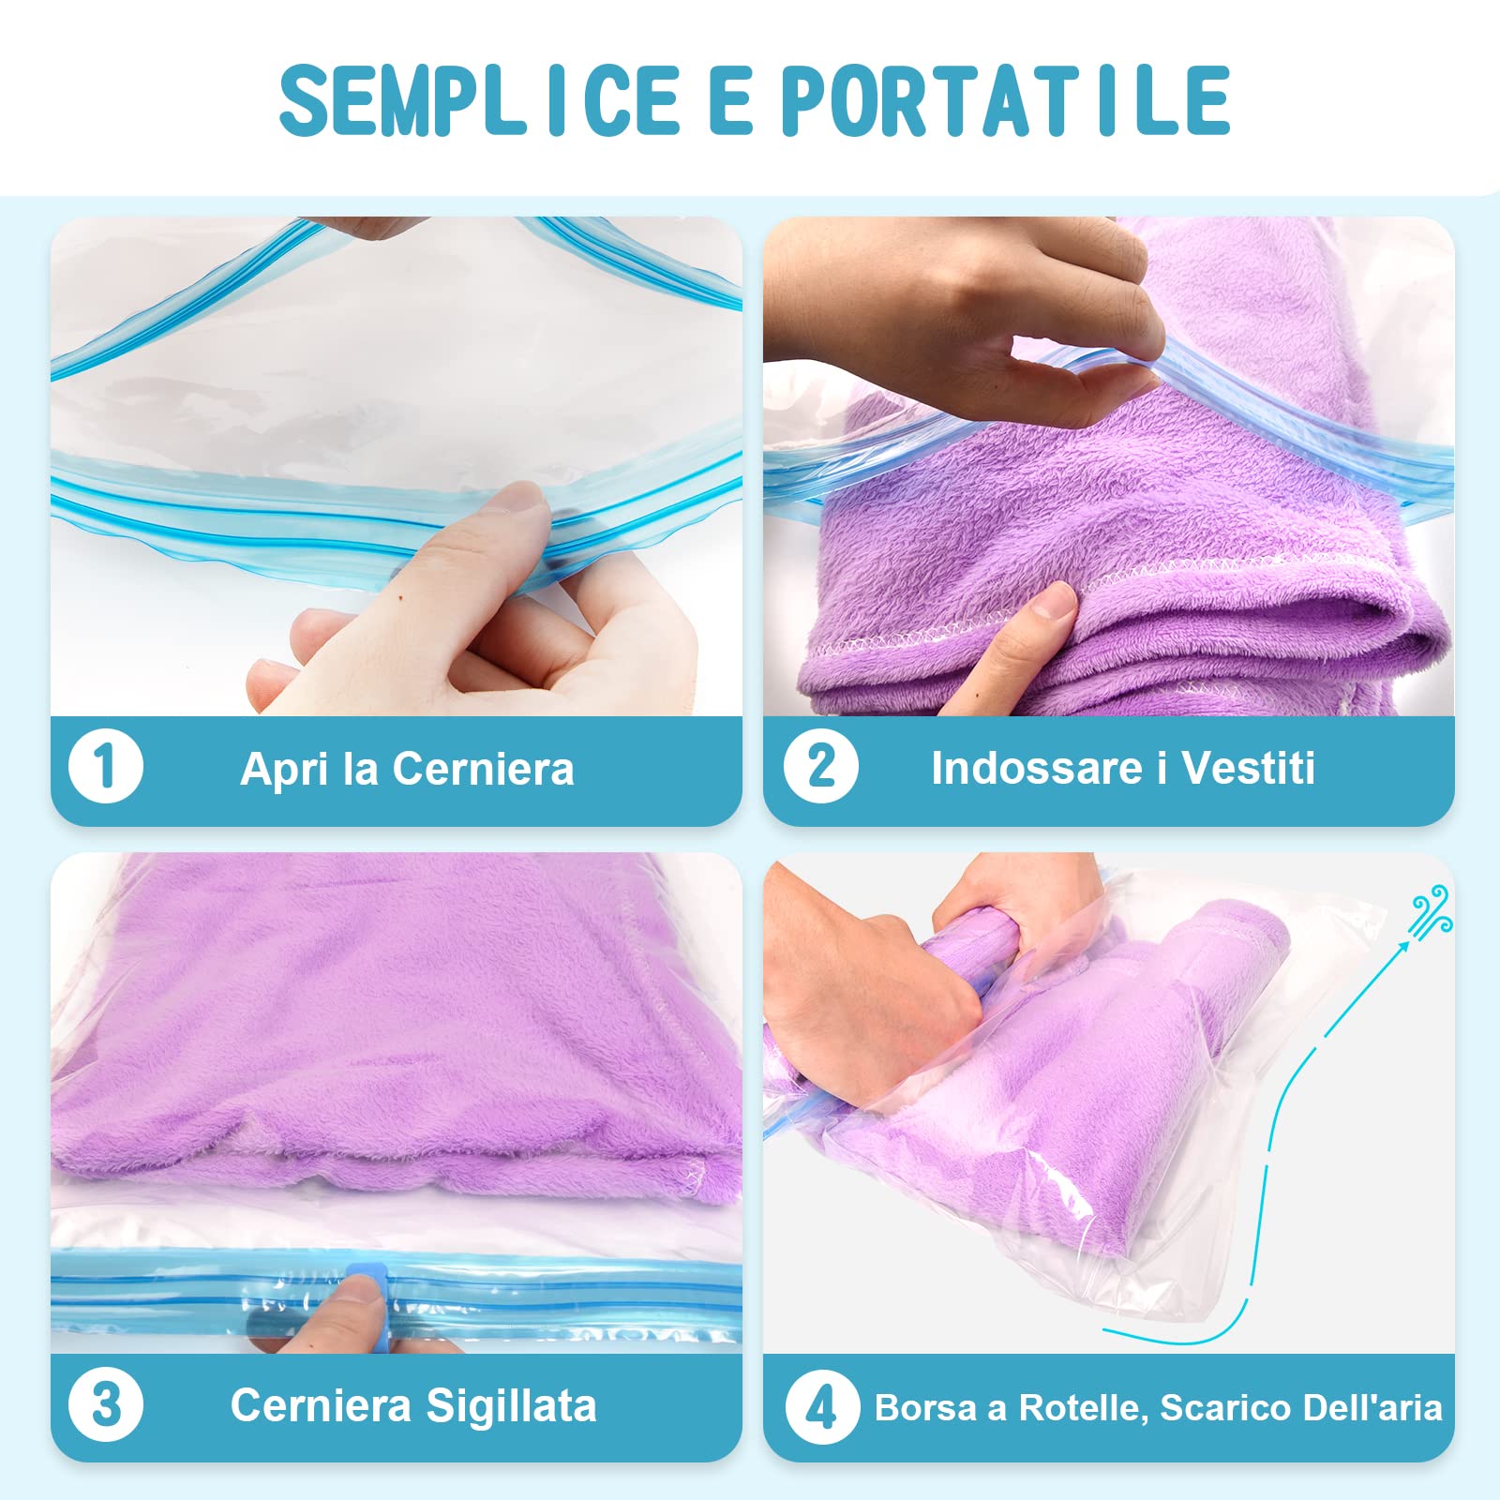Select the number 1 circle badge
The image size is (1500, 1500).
[106, 767]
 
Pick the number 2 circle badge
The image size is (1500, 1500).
[820, 767]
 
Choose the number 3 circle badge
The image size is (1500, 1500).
[106, 1405]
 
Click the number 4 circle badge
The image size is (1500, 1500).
[820, 1407]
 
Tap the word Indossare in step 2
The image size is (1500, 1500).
[1036, 768]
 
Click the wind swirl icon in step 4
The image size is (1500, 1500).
[1432, 908]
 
